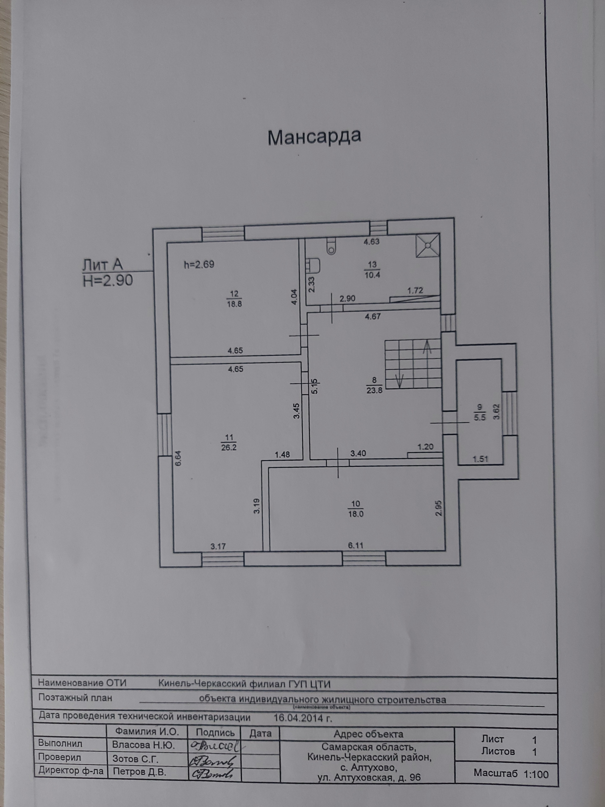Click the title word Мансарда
314,137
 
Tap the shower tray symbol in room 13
428,246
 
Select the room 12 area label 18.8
234,303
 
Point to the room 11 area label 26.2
229,447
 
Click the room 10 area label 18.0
355,514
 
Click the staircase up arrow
427,346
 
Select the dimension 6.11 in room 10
355,545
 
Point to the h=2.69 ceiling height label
199,264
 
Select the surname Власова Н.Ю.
143,745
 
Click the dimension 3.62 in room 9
496,412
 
